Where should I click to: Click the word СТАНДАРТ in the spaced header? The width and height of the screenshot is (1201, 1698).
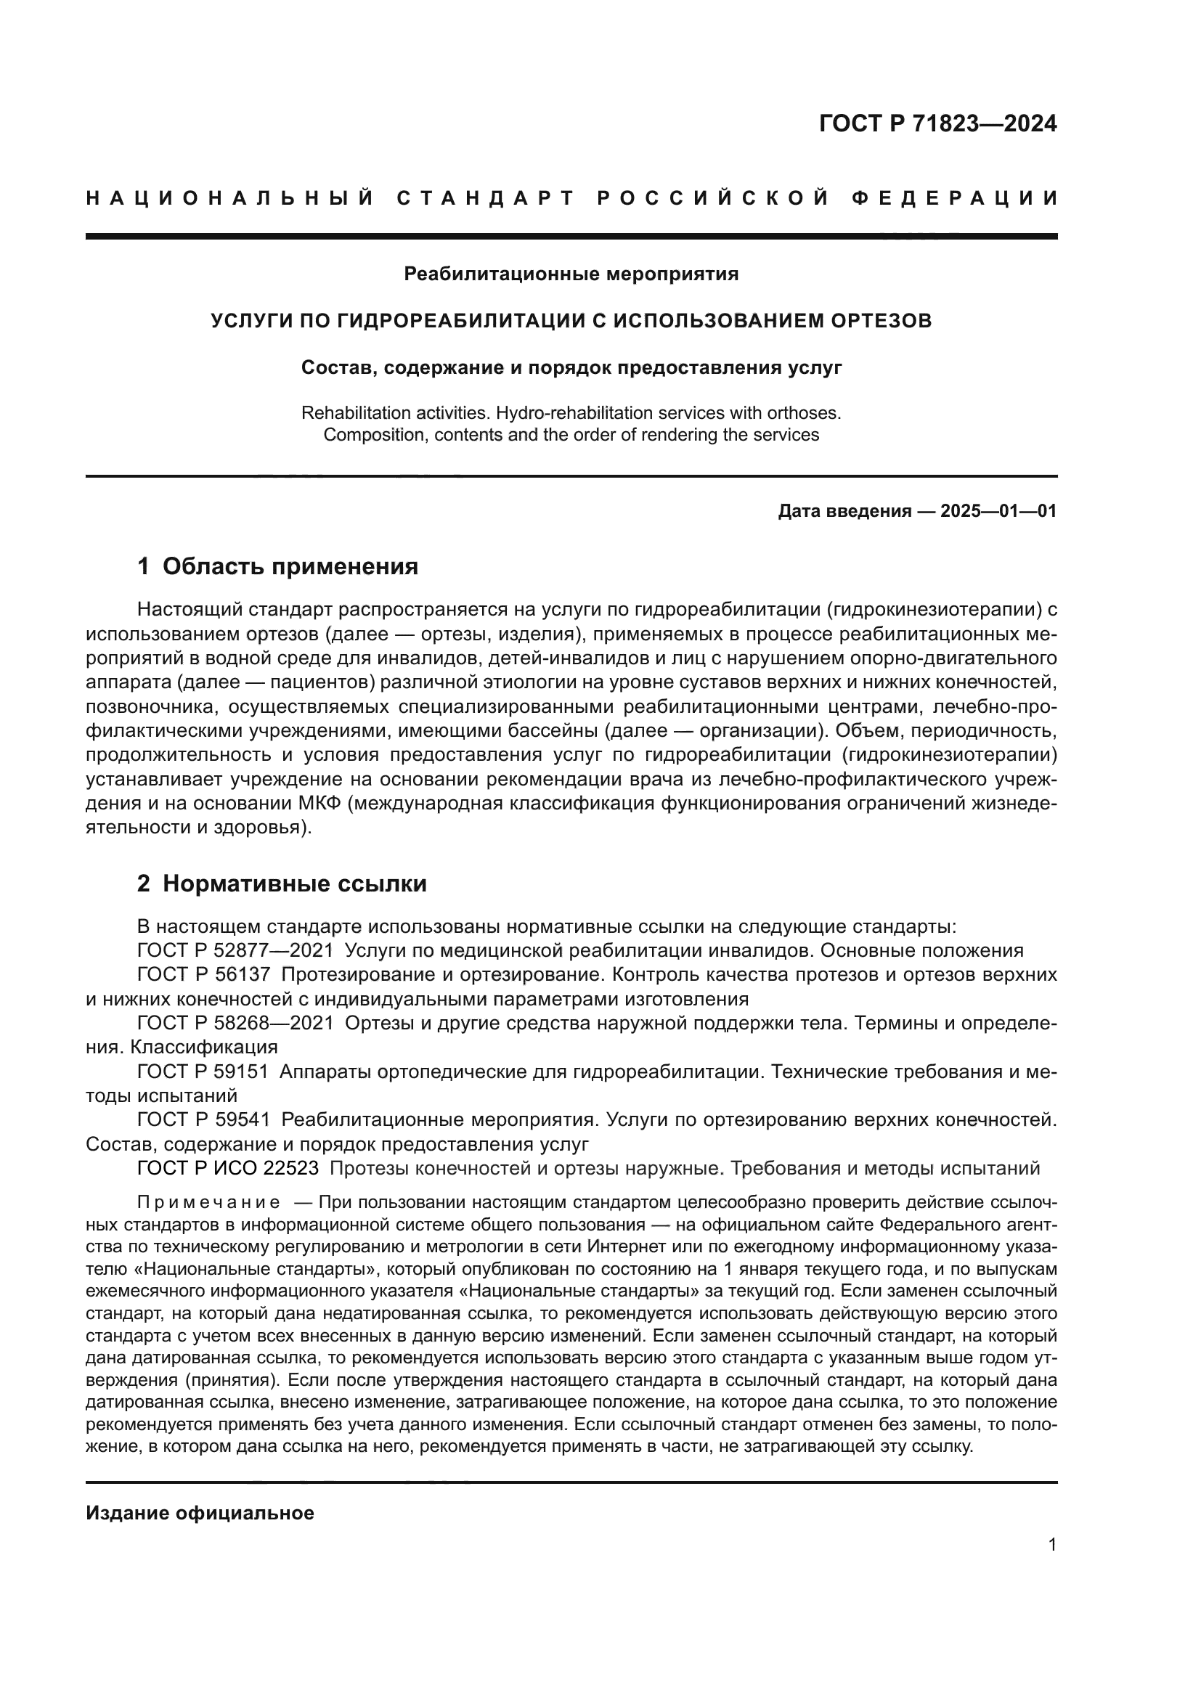pyautogui.click(x=486, y=198)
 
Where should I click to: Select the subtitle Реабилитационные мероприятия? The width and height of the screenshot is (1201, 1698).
pyautogui.click(x=571, y=274)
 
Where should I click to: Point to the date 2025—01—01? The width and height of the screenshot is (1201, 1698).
pyautogui.click(x=998, y=511)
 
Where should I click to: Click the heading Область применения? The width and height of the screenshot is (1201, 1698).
pyautogui.click(x=290, y=566)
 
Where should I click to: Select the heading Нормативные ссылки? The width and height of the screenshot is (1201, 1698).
pyautogui.click(x=294, y=883)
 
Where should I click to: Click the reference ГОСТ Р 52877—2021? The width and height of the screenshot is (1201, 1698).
pyautogui.click(x=235, y=951)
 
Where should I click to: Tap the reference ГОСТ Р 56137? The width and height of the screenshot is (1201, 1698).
pyautogui.click(x=203, y=976)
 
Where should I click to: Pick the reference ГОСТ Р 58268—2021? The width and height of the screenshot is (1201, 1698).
pyautogui.click(x=235, y=1024)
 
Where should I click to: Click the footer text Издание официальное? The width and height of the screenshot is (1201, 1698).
pyautogui.click(x=200, y=1513)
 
